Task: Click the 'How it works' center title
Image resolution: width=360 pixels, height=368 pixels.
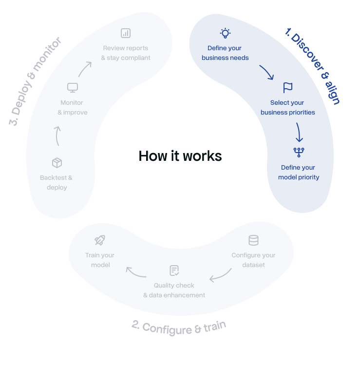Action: (x=180, y=156)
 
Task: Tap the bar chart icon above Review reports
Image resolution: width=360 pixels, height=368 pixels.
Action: (x=126, y=33)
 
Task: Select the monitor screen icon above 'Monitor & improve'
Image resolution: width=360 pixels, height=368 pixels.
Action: (x=72, y=88)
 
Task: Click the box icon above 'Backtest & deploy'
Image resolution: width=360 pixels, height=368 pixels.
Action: (x=57, y=163)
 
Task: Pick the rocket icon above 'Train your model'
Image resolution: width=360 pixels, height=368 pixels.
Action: (x=99, y=240)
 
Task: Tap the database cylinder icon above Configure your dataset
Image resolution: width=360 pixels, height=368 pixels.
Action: (x=253, y=240)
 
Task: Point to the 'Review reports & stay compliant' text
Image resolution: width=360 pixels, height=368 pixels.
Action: (x=125, y=53)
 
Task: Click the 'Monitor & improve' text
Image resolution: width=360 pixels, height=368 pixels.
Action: (x=72, y=108)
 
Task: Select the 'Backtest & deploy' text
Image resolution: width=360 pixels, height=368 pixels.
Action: (x=57, y=183)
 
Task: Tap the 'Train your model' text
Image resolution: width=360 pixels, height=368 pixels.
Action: (x=99, y=260)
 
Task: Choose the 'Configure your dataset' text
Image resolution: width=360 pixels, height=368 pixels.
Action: (x=253, y=260)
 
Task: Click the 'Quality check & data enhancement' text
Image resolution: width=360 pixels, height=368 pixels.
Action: (x=174, y=290)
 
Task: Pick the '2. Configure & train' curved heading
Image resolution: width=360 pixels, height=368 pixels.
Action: (x=179, y=327)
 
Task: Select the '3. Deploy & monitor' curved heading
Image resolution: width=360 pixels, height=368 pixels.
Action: (x=36, y=80)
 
